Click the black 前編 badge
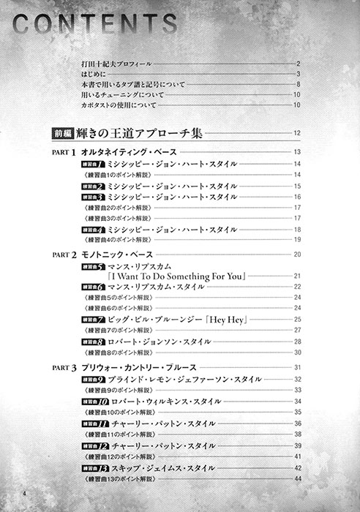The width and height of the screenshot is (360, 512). [63, 133]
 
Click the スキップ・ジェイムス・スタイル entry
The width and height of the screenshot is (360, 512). [162, 467]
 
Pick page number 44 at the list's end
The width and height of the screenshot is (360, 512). [298, 478]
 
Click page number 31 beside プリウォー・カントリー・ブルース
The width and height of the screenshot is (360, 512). [298, 367]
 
